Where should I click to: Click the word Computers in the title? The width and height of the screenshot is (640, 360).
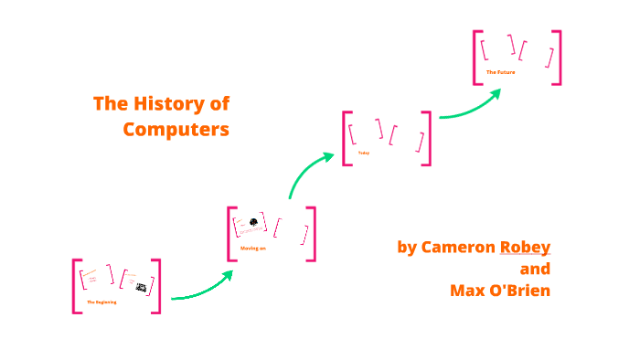(x=176, y=129)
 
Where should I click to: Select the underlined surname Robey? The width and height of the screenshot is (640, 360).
(x=525, y=247)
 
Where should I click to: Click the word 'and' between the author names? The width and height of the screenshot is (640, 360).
(x=535, y=269)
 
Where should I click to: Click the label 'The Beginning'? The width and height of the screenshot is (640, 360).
(x=101, y=302)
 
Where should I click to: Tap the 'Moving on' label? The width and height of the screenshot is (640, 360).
(x=253, y=248)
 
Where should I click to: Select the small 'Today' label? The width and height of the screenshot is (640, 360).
(x=364, y=153)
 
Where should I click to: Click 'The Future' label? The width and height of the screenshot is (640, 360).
(x=501, y=71)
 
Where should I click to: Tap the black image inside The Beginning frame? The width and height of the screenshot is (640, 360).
(x=142, y=288)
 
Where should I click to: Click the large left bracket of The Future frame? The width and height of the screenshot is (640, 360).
(x=475, y=58)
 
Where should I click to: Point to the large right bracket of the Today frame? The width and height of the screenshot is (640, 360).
(x=429, y=138)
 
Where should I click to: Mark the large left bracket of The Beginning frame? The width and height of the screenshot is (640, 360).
(x=75, y=286)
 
